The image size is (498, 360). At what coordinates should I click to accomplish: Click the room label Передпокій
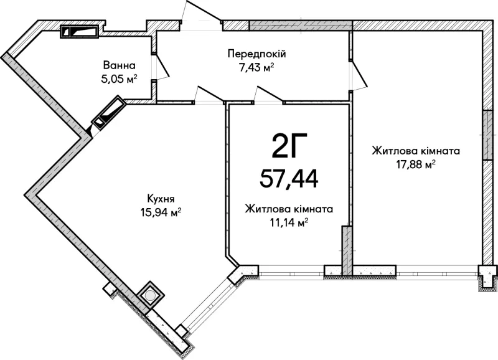tap(256, 54)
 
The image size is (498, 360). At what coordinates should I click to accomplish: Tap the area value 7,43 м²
tap(256, 67)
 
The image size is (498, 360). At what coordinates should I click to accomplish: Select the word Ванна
tap(119, 65)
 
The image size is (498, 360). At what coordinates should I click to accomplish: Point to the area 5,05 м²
tap(119, 78)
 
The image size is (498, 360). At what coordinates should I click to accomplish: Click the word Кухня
tap(161, 199)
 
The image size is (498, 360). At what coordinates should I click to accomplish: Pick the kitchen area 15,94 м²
tap(161, 212)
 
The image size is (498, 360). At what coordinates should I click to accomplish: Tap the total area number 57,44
tap(289, 179)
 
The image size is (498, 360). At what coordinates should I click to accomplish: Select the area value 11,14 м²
tap(289, 223)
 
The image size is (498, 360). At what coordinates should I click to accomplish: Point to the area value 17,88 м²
tap(415, 164)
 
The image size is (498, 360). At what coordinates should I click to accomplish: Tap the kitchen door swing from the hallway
tap(209, 95)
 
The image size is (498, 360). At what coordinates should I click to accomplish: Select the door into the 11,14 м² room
tap(268, 95)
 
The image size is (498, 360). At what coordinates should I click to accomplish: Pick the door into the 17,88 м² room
tap(359, 75)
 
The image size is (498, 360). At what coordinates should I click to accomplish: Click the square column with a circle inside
tap(150, 296)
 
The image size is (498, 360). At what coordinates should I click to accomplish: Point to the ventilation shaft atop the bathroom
tap(80, 32)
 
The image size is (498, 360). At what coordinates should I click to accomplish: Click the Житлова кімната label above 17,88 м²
tap(416, 151)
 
